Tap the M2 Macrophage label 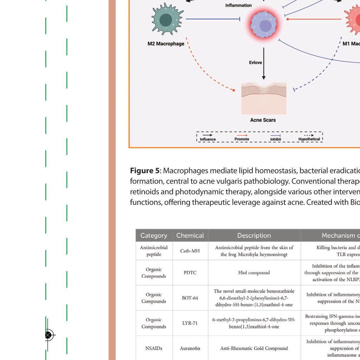pos(166,44)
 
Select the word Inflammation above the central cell pos(238,5)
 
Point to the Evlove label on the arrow pos(256,63)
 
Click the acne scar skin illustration pos(264,98)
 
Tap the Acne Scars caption pos(263,120)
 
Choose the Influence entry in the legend pos(208,139)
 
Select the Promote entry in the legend pos(242,139)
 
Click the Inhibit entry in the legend pos(275,139)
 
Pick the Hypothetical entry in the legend pos(309,139)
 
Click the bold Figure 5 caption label pos(144,171)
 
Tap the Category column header pos(154,236)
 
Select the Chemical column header pos(190,236)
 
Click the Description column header pos(254,236)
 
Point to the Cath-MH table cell pos(190,251)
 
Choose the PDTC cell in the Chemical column pos(190,273)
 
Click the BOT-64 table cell pos(190,298)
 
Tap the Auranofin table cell pos(190,348)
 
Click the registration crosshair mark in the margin pos(48,335)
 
